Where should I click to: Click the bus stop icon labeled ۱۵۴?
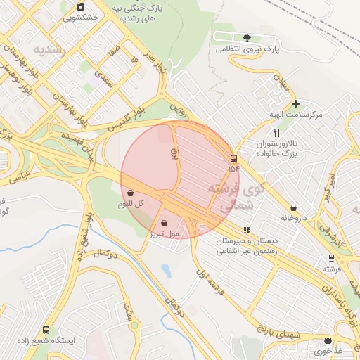click(233, 158)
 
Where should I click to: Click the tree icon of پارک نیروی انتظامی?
click(246, 38)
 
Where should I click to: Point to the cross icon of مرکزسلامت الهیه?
click(296, 103)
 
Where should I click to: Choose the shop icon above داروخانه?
click(293, 207)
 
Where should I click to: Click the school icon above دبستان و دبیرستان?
click(246, 229)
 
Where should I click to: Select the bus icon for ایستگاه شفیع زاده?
click(46, 329)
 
